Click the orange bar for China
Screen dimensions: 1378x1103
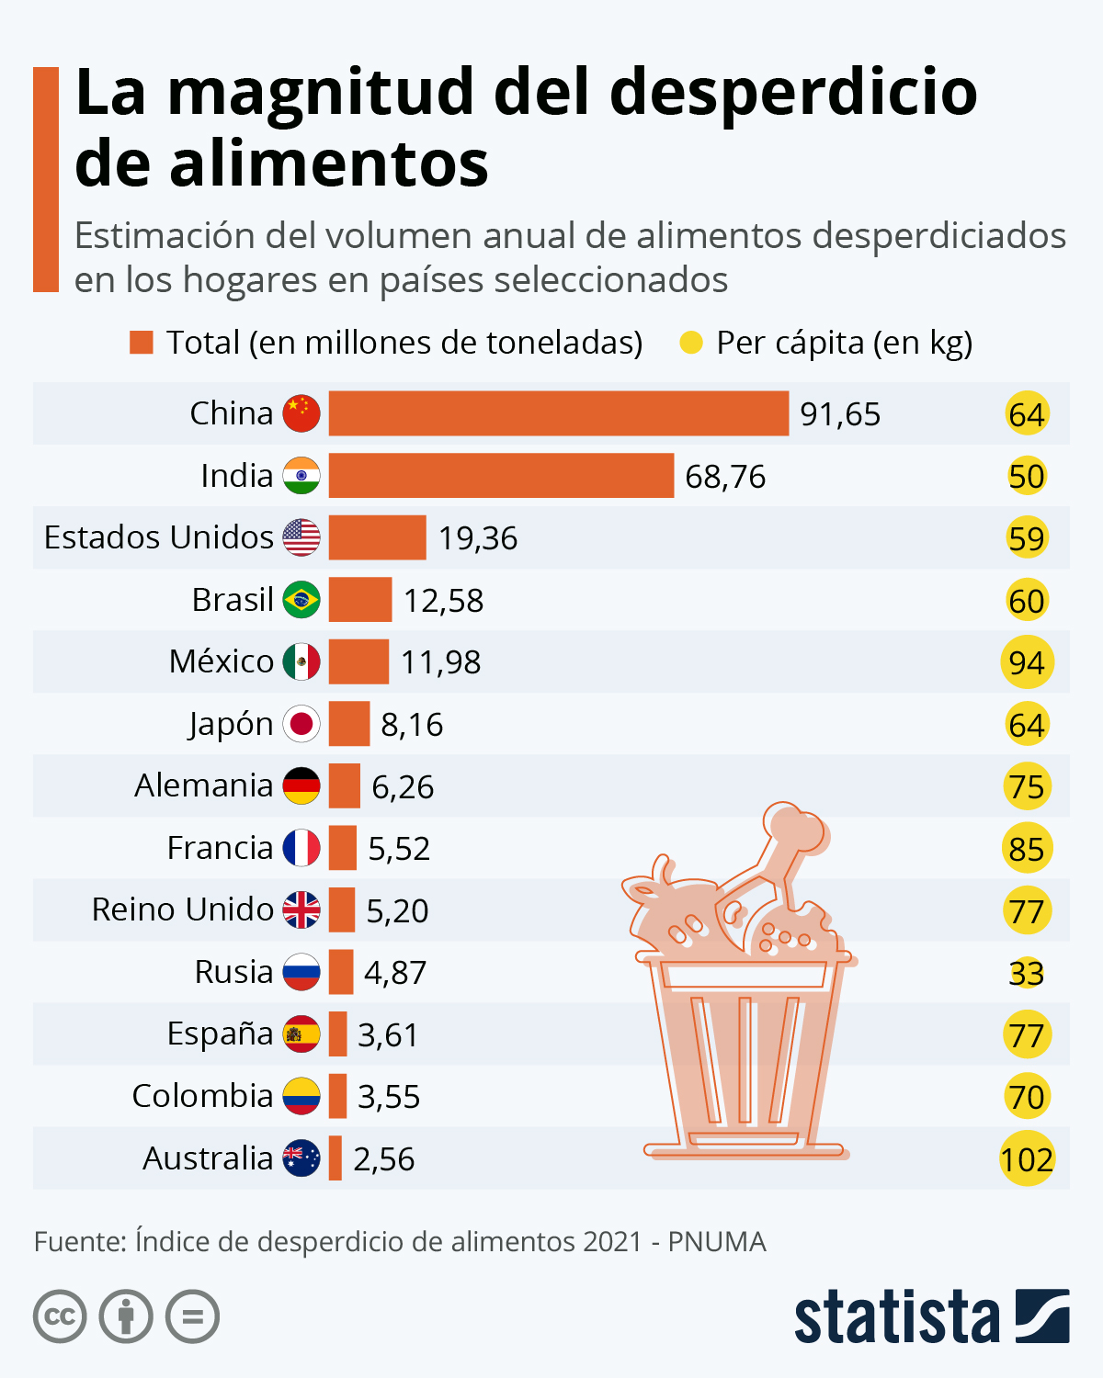coord(558,413)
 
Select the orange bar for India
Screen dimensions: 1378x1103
coord(501,476)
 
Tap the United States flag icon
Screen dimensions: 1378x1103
coord(301,537)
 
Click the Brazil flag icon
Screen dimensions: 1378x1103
coord(301,600)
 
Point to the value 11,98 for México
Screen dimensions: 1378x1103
coord(440,662)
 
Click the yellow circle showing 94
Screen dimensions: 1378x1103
coord(1027,662)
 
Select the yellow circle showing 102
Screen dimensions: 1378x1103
coord(1027,1159)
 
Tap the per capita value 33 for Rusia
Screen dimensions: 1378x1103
coord(1027,973)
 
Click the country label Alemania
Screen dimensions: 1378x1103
coord(204,786)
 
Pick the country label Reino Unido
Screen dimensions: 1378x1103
coord(183,909)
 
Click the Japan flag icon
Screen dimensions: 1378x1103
coord(301,724)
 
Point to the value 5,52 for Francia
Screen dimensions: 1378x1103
coord(399,849)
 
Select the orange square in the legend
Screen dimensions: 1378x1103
coord(142,343)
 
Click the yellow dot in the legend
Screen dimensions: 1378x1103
coord(690,343)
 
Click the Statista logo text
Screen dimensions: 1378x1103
coord(896,1318)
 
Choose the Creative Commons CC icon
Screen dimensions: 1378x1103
coord(60,1316)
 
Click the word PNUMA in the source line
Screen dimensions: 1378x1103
coord(717,1242)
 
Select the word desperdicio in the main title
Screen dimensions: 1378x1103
coord(792,92)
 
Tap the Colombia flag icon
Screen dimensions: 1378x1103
coord(301,1096)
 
